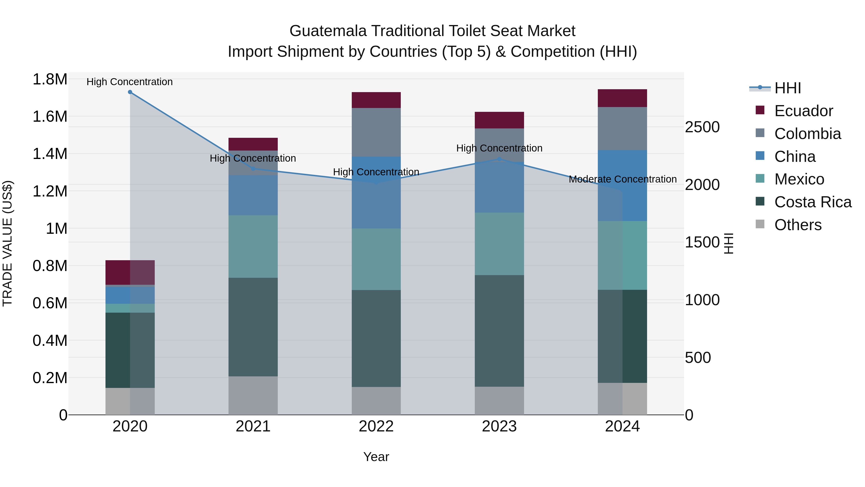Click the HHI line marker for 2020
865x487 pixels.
pyautogui.click(x=130, y=92)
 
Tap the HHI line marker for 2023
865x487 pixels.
pyautogui.click(x=499, y=159)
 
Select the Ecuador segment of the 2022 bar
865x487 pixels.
pyautogui.click(x=376, y=100)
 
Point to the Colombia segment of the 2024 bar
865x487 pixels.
pyautogui.click(x=622, y=128)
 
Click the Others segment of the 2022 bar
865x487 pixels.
pyautogui.click(x=376, y=401)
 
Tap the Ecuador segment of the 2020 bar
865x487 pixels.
pyautogui.click(x=130, y=272)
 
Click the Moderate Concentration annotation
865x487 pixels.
pyautogui.click(x=622, y=179)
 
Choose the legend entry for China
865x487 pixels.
pyautogui.click(x=795, y=157)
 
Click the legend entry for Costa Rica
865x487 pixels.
pyautogui.click(x=813, y=202)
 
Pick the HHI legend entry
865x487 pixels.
pyautogui.click(x=787, y=88)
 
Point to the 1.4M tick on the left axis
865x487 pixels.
pyautogui.click(x=50, y=154)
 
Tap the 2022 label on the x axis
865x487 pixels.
pyautogui.click(x=376, y=426)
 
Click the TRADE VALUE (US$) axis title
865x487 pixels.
pyautogui.click(x=8, y=243)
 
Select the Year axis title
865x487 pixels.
pyautogui.click(x=376, y=457)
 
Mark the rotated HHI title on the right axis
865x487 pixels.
pyautogui.click(x=728, y=243)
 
